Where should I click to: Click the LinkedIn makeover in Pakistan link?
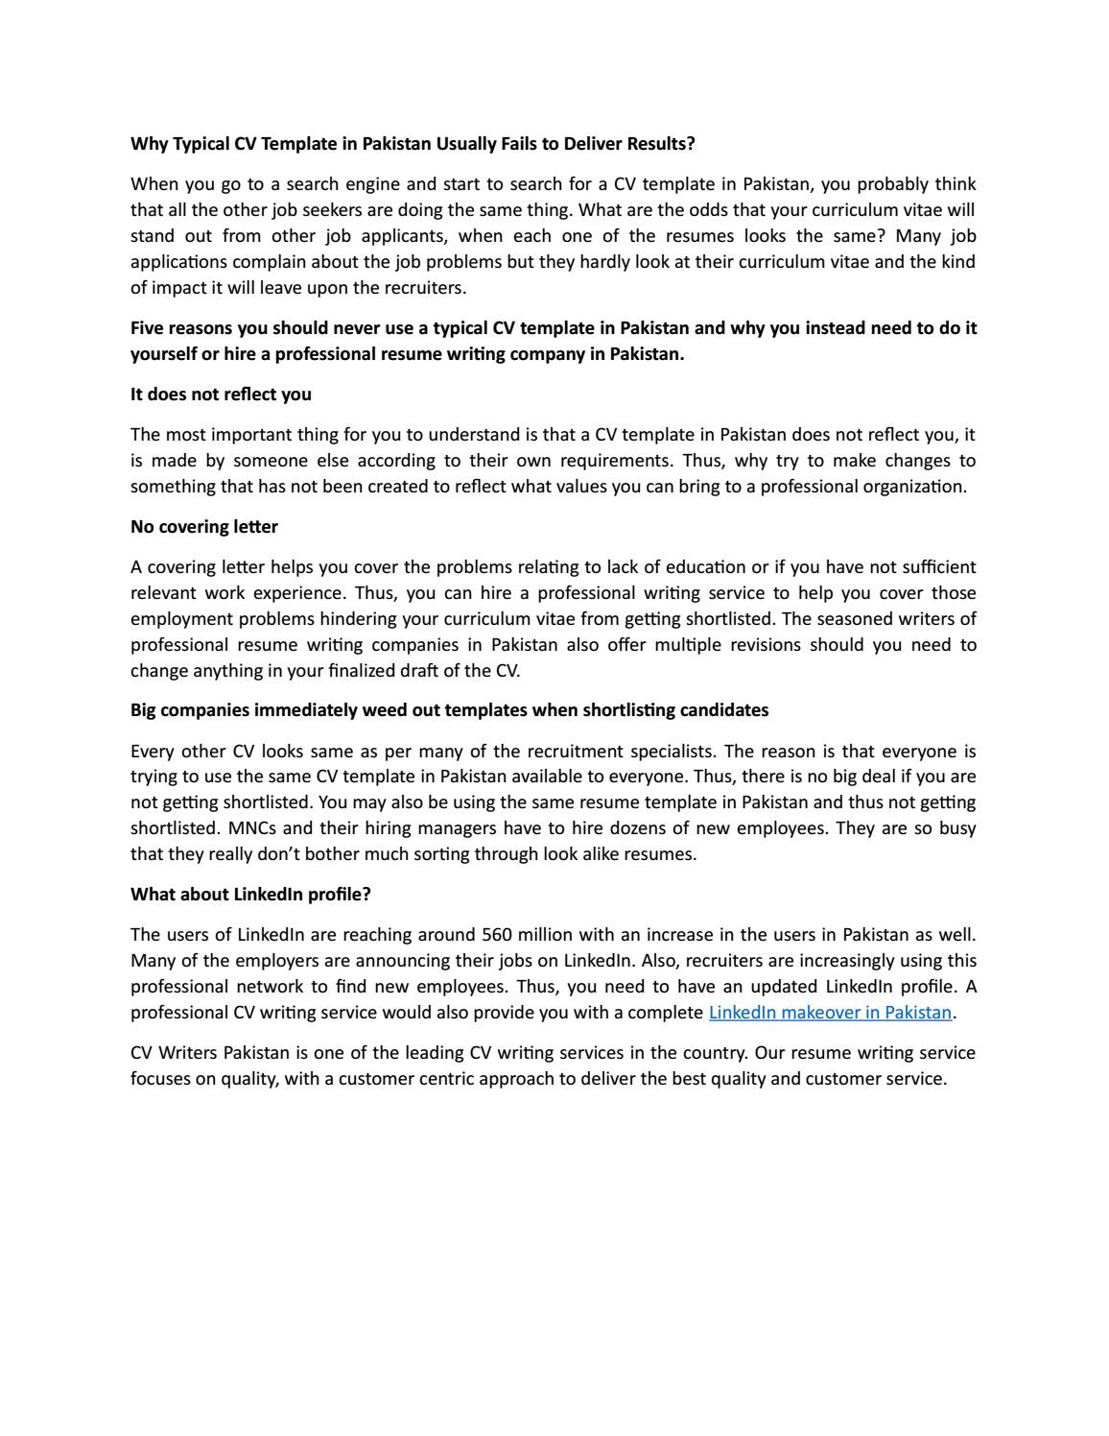pos(830,1012)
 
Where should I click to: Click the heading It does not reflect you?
pos(221,395)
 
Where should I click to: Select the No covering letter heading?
pos(204,527)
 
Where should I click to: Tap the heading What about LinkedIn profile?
pos(250,895)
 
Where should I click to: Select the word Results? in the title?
pos(661,144)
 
